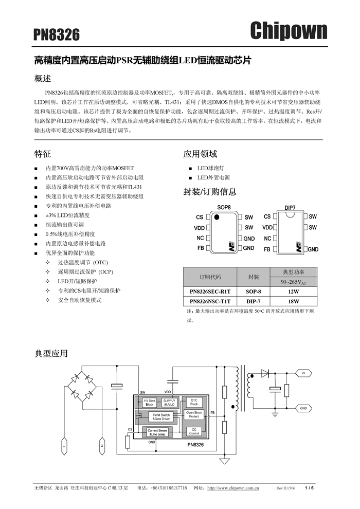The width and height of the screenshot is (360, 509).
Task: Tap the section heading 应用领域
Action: [x=200, y=154]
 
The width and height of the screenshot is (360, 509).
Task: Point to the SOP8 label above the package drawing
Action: [x=224, y=207]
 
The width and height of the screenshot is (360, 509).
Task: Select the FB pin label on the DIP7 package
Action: [x=267, y=249]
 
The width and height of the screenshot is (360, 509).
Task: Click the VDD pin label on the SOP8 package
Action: [x=199, y=228]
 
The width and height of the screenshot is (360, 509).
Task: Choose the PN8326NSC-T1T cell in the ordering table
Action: [x=210, y=301]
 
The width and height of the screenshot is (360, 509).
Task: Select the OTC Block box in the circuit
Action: [x=194, y=402]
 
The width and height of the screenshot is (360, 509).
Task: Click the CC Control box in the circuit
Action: [x=194, y=431]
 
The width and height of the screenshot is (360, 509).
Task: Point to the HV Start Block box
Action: [x=149, y=402]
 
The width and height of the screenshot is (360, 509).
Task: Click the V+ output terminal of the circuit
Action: [x=303, y=373]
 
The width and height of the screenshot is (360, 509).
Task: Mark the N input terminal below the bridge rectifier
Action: [x=101, y=446]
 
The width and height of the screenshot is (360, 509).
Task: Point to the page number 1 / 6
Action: [x=309, y=488]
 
